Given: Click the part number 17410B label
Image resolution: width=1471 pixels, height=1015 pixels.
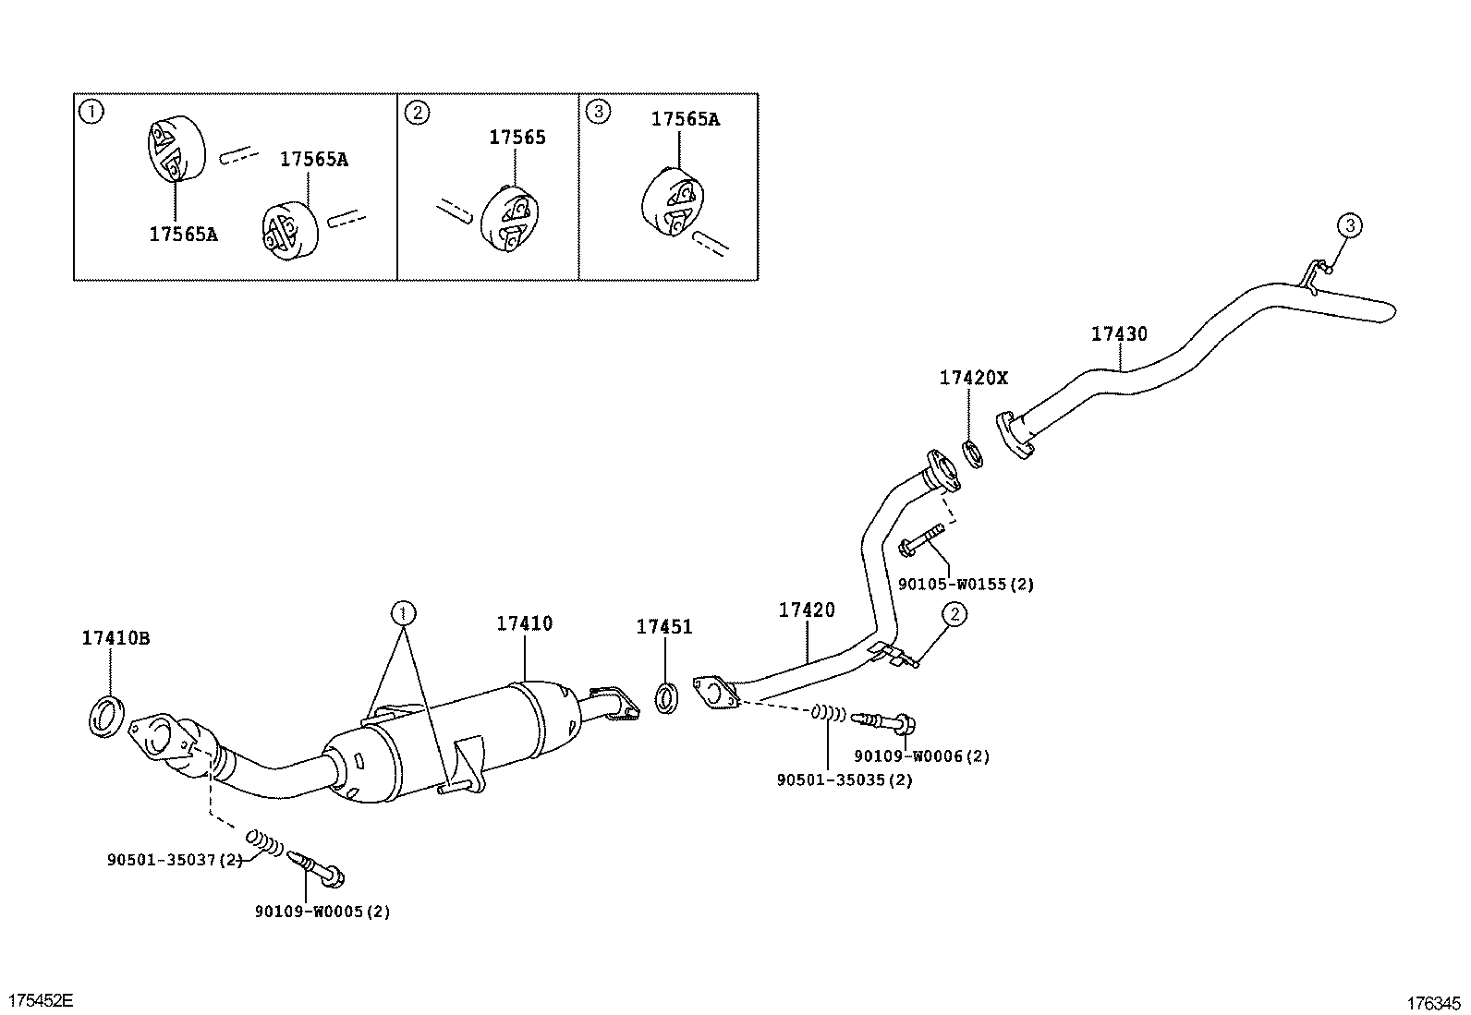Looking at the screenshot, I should [115, 638].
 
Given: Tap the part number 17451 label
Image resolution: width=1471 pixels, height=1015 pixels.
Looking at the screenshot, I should [663, 627].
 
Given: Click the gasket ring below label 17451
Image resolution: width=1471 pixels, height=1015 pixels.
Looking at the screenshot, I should [666, 696].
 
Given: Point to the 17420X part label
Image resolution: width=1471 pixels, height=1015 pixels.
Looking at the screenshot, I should [974, 378].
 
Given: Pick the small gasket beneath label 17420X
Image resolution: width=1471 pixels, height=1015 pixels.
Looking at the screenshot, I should [971, 453].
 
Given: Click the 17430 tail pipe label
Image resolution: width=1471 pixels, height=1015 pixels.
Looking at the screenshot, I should [1119, 333].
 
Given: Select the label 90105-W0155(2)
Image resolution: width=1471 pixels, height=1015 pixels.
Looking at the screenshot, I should [966, 584].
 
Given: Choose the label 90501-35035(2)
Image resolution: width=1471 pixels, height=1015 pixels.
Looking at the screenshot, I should [845, 779].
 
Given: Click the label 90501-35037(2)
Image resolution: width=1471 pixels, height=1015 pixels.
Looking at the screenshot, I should [175, 860].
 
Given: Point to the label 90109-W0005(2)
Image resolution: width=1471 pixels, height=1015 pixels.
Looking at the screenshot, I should [322, 912].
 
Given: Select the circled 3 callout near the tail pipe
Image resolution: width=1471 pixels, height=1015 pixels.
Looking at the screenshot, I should [1350, 224].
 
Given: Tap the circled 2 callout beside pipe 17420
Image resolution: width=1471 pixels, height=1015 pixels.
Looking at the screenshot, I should [954, 614].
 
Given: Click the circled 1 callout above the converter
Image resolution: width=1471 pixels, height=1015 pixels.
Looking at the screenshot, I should [403, 611].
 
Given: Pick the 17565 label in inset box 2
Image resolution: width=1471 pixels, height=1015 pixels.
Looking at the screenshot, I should [517, 138].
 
